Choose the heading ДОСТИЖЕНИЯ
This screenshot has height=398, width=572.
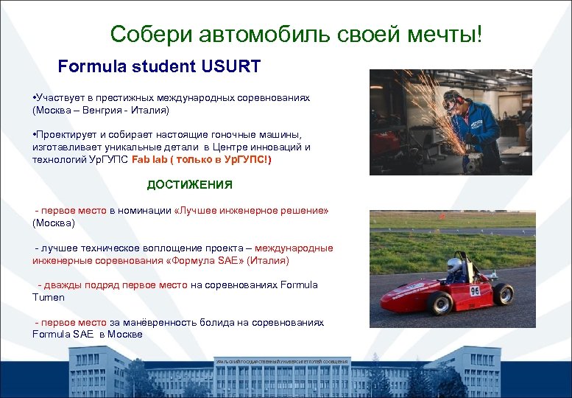[x=189, y=185]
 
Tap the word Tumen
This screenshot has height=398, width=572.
[x=49, y=297]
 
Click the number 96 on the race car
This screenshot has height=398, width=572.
[x=475, y=290]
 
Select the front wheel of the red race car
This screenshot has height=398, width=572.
[x=440, y=302]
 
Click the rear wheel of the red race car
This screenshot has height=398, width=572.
[x=504, y=294]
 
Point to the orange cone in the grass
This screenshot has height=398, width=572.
[x=442, y=217]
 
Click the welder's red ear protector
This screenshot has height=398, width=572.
[x=459, y=101]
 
